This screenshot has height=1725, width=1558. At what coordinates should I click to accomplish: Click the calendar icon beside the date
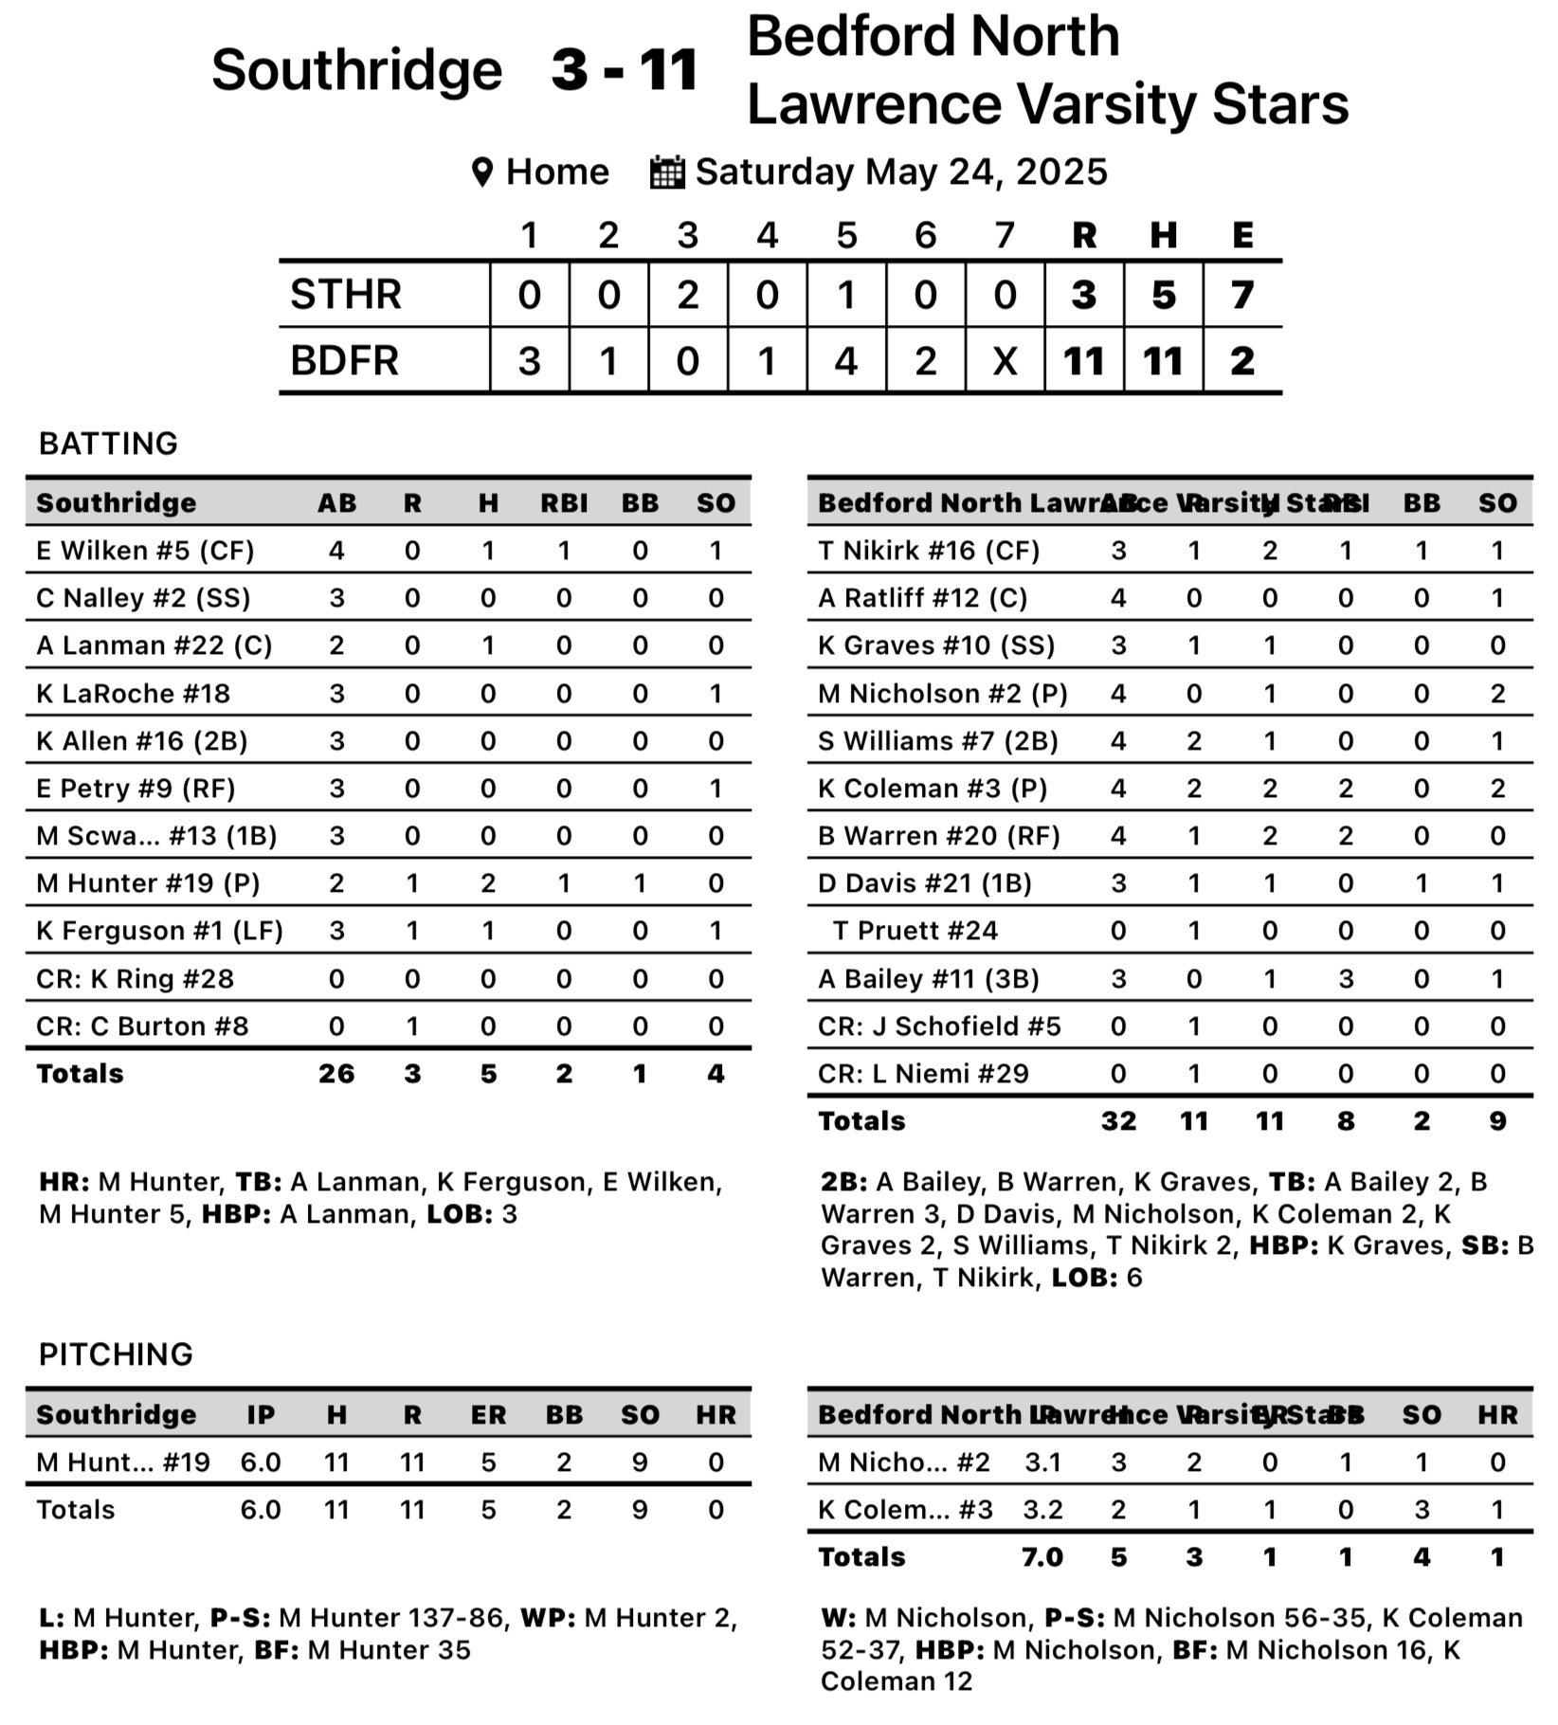pyautogui.click(x=666, y=172)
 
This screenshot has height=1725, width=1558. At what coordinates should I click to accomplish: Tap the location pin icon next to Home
pyautogui.click(x=482, y=172)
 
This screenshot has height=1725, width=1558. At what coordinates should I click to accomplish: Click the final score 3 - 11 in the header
pyautogui.click(x=625, y=70)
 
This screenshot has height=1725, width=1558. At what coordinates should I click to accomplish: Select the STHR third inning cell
pyautogui.click(x=688, y=295)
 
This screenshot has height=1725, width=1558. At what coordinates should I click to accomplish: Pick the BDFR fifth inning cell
pyautogui.click(x=846, y=361)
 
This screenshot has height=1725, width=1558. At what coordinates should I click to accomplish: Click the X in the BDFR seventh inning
pyautogui.click(x=1005, y=361)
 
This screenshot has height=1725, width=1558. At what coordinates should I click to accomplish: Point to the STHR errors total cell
pyautogui.click(x=1242, y=295)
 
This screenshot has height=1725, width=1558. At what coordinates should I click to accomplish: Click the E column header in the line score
pyautogui.click(x=1242, y=234)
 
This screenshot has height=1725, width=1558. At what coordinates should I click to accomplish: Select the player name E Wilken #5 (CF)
pyautogui.click(x=145, y=551)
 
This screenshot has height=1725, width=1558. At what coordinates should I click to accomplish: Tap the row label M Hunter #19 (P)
pyautogui.click(x=148, y=883)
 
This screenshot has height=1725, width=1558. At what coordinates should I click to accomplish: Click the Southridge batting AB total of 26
pyautogui.click(x=336, y=1074)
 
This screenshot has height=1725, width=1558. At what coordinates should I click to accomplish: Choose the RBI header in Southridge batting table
pyautogui.click(x=564, y=503)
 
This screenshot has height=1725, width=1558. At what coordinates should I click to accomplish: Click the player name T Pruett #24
pyautogui.click(x=915, y=931)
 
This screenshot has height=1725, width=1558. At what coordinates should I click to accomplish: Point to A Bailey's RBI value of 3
pyautogui.click(x=1346, y=979)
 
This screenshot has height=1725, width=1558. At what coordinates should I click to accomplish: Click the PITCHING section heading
pyautogui.click(x=116, y=1354)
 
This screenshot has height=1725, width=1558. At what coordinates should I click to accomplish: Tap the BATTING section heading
pyautogui.click(x=108, y=444)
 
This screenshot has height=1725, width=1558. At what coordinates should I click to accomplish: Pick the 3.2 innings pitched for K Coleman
pyautogui.click(x=1042, y=1510)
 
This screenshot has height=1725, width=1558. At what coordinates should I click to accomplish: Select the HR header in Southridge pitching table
pyautogui.click(x=716, y=1415)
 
